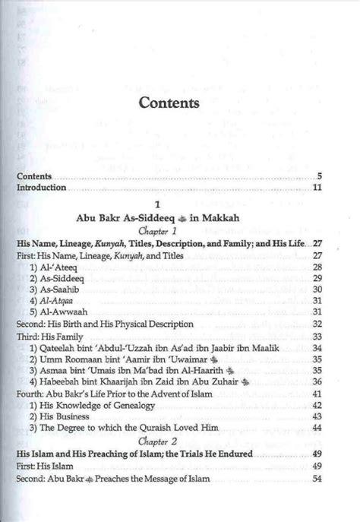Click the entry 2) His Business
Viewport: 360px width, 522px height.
click(63, 417)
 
